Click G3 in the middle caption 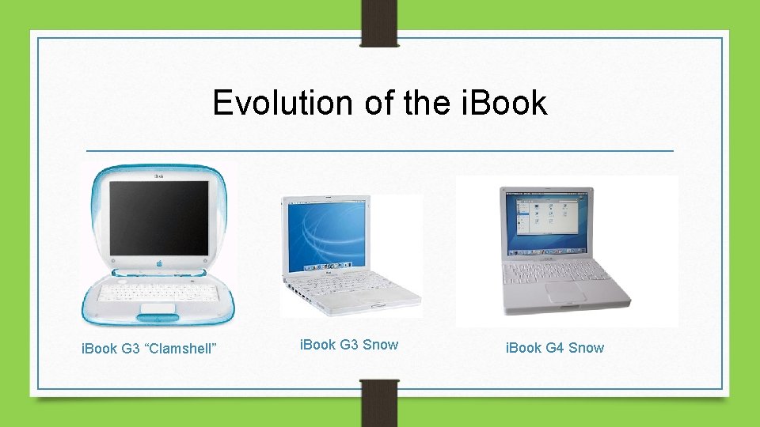[349, 345]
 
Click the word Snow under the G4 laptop [586, 348]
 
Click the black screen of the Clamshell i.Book [158, 217]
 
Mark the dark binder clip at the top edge [380, 22]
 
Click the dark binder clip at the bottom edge [380, 403]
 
